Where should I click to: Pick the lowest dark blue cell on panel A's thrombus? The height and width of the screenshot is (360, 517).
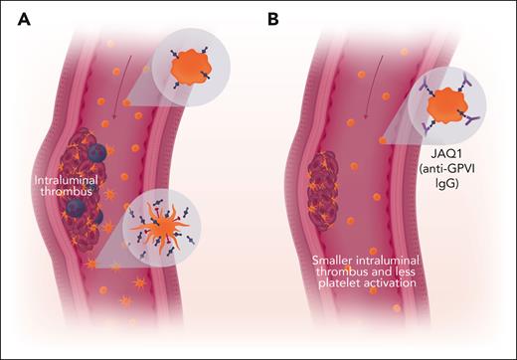(x=81, y=209)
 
